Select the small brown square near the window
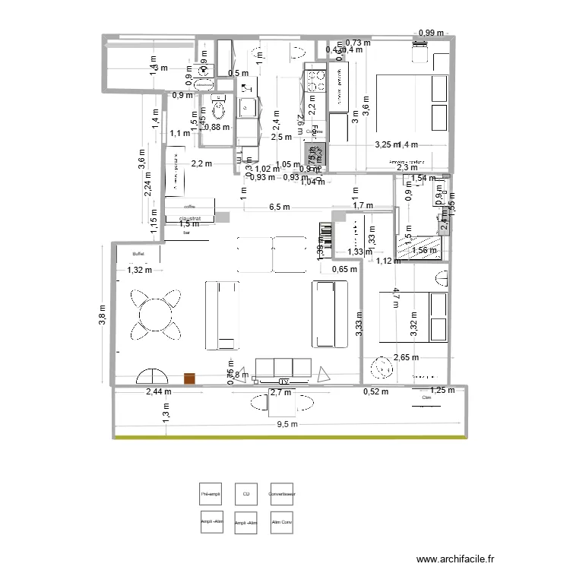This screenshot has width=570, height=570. (189, 378)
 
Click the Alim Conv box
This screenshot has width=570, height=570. (282, 523)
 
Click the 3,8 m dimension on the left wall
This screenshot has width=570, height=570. (104, 313)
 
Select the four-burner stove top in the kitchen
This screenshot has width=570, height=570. (315, 80)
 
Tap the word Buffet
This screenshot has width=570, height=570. (138, 255)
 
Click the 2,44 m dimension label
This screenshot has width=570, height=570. (159, 392)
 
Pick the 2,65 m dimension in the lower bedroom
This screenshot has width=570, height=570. (407, 357)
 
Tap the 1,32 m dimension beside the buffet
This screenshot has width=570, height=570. (140, 270)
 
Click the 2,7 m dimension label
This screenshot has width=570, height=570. (280, 392)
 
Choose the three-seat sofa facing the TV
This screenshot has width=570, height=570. (283, 368)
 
